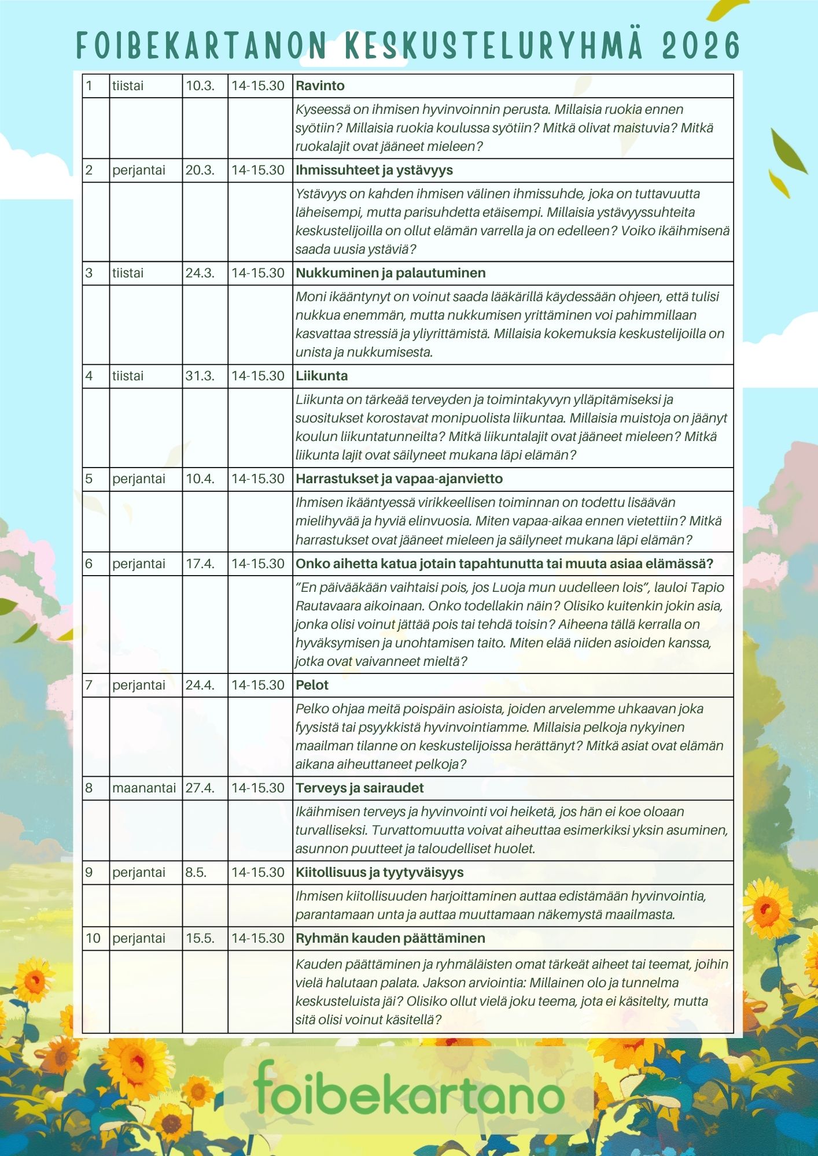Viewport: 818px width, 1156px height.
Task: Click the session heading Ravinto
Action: tap(320, 86)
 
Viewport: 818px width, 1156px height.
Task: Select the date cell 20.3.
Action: tap(200, 170)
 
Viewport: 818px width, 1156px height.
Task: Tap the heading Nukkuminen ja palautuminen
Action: tap(390, 273)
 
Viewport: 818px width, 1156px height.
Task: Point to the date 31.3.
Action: tap(200, 376)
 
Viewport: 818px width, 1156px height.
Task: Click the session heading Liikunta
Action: tap(322, 376)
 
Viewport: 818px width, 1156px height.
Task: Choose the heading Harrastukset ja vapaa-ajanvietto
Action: tap(399, 479)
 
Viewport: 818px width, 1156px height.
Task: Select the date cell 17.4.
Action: tap(200, 564)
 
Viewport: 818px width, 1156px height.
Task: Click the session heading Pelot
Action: tap(312, 685)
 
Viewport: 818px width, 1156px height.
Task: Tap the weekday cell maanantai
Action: tap(144, 788)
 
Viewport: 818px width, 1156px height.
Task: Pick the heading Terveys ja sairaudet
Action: tap(360, 788)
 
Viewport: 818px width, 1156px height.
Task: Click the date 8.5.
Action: tap(196, 872)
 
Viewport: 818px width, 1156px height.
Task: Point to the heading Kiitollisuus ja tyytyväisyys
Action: tap(379, 872)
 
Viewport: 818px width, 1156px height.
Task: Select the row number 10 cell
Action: tap(93, 938)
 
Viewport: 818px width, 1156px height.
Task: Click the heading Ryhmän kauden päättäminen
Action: tap(390, 938)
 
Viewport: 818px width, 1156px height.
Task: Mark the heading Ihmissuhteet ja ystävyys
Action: tap(374, 170)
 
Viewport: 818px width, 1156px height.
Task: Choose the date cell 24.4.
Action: tap(200, 685)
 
